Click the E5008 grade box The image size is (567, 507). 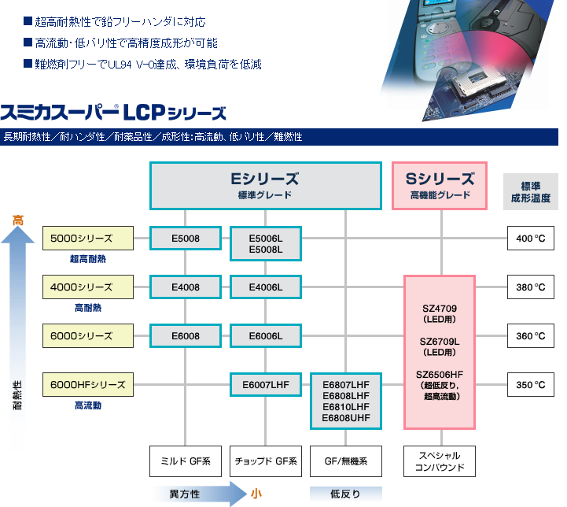pos(186,237)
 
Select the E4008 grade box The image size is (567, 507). pos(186,287)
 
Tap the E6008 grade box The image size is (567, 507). pos(186,336)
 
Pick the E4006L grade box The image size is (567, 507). pos(266,287)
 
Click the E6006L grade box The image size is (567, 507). pos(266,336)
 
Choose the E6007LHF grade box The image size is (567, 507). pos(266,385)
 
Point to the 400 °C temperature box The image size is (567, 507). pos(531,238)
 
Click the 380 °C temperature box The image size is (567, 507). pos(531,287)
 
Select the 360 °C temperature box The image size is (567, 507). pos(531,336)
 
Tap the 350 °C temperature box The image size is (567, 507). pos(531,385)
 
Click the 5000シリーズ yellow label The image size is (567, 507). pos(87,238)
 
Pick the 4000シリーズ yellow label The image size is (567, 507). pos(87,287)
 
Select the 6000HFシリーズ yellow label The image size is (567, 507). pos(87,385)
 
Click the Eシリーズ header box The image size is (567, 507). pos(265,186)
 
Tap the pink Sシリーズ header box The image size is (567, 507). pos(440,186)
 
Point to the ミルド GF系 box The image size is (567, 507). pos(186,461)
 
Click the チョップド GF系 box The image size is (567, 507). pos(266,461)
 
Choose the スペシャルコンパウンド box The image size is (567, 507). pos(440,461)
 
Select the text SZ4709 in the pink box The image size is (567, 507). pos(440,308)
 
